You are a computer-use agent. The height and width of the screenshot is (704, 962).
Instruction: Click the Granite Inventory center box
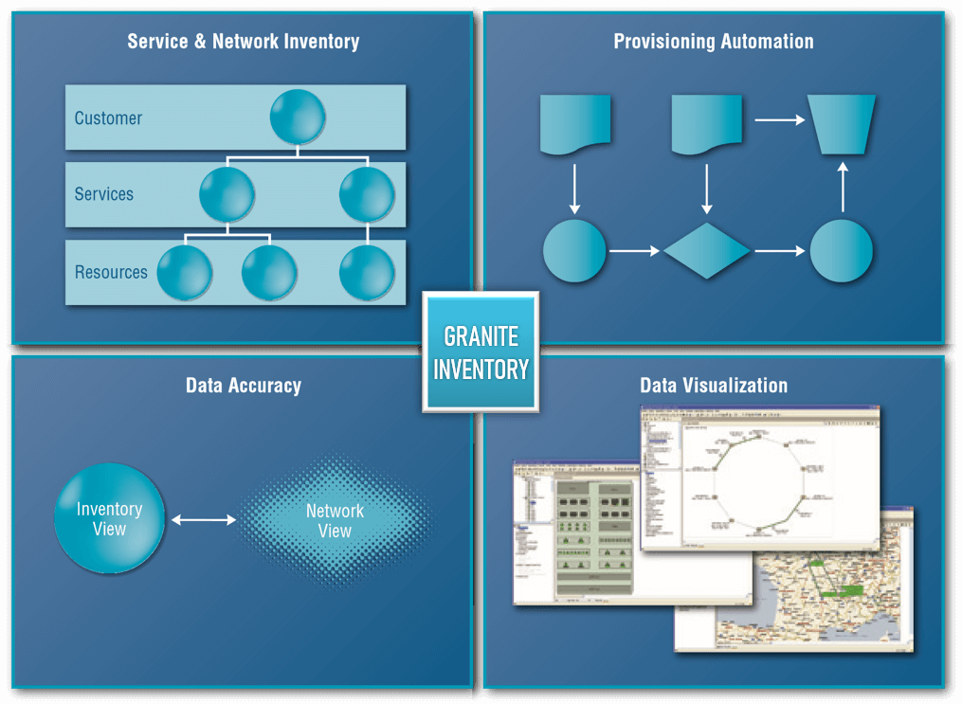click(481, 352)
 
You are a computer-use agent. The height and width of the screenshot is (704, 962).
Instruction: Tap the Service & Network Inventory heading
click(243, 42)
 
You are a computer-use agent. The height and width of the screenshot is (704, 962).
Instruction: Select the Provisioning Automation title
click(713, 42)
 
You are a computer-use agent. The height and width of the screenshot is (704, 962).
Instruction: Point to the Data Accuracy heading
click(243, 386)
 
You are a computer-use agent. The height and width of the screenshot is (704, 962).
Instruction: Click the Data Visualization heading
click(713, 386)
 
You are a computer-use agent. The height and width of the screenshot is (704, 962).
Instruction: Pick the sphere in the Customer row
click(298, 117)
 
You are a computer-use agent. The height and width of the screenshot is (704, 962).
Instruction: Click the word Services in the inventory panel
click(104, 194)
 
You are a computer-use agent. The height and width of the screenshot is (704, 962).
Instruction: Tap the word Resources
click(111, 272)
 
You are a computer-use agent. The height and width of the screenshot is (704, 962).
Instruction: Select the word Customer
click(108, 118)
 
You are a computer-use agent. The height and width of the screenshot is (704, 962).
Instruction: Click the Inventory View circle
click(110, 518)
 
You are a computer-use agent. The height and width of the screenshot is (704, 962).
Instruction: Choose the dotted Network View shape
click(335, 520)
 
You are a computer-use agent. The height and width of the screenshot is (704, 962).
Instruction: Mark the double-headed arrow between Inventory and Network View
click(204, 519)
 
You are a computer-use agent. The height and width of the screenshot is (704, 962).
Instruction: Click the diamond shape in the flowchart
click(706, 251)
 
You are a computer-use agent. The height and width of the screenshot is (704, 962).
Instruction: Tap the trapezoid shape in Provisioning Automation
click(842, 124)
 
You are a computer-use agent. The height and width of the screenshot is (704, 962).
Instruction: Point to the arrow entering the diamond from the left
click(634, 251)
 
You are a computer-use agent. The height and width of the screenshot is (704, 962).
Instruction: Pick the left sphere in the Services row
click(227, 194)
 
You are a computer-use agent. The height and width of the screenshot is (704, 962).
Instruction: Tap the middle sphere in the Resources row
click(269, 272)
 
